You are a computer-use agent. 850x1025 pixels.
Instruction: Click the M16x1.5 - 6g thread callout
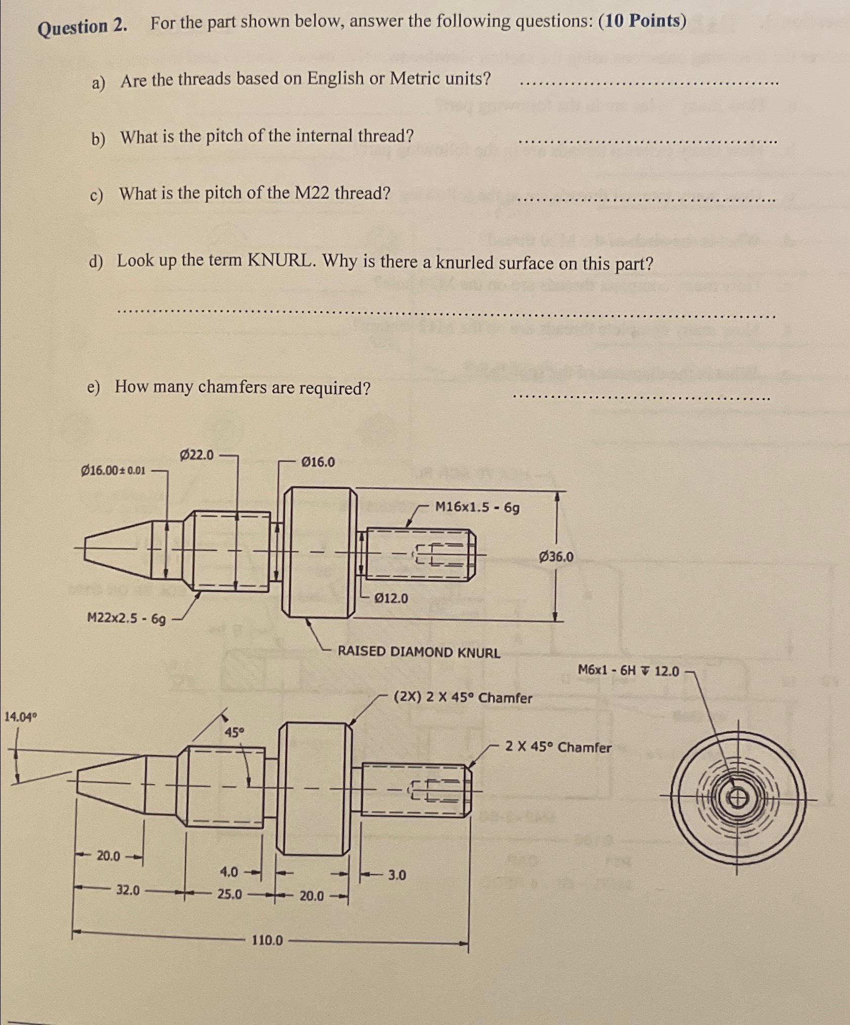pyautogui.click(x=477, y=507)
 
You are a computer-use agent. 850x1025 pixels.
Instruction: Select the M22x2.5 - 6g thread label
pyautogui.click(x=126, y=618)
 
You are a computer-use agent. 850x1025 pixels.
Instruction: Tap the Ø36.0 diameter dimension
pyautogui.click(x=556, y=557)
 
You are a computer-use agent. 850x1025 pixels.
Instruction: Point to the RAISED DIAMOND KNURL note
pyautogui.click(x=419, y=652)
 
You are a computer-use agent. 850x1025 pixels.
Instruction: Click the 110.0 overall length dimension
pyautogui.click(x=267, y=940)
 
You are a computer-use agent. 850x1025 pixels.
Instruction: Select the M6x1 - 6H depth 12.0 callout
pyautogui.click(x=628, y=671)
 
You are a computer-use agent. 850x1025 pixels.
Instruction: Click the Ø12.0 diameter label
pyautogui.click(x=391, y=598)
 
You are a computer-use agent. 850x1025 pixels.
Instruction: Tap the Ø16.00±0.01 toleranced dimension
pyautogui.click(x=113, y=471)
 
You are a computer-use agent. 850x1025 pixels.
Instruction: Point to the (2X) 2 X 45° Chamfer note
pyautogui.click(x=463, y=698)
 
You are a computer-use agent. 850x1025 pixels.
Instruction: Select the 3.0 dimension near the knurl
pyautogui.click(x=396, y=875)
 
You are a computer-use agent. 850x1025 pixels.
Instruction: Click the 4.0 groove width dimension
pyautogui.click(x=229, y=872)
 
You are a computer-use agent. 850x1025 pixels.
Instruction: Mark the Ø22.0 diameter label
pyautogui.click(x=196, y=455)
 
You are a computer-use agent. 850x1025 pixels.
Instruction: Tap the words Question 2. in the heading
pyautogui.click(x=83, y=27)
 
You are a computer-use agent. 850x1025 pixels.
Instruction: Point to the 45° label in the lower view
pyautogui.click(x=234, y=732)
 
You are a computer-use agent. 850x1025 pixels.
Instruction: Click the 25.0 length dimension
pyautogui.click(x=229, y=895)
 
